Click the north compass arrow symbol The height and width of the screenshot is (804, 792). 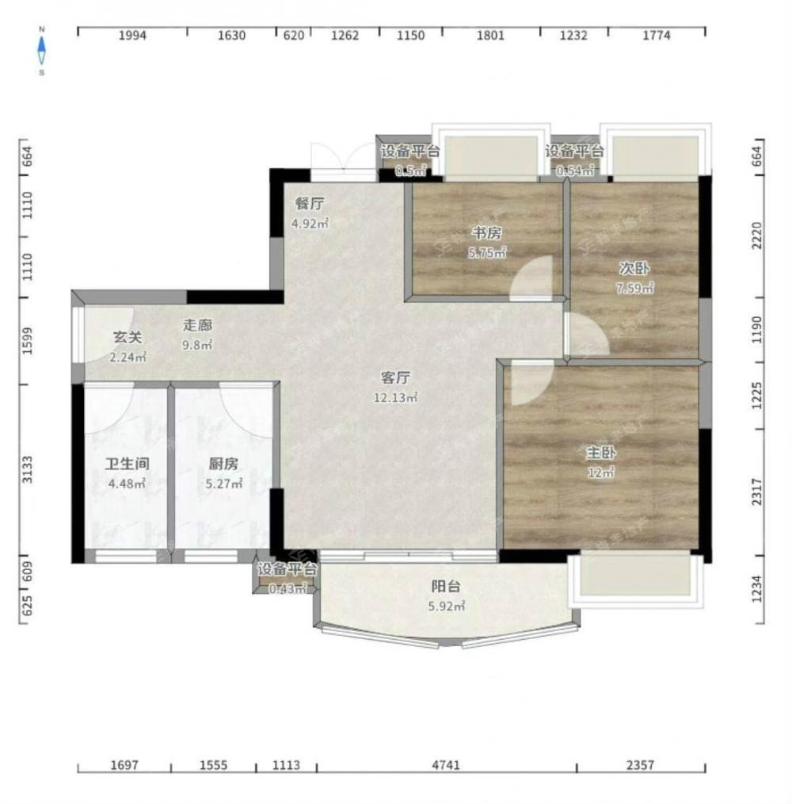click(x=42, y=51)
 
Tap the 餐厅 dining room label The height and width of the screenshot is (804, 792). click(x=310, y=204)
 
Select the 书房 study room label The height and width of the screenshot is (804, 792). click(x=486, y=233)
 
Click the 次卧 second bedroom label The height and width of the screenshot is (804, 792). click(x=634, y=268)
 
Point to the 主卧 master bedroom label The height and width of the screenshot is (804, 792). click(x=601, y=453)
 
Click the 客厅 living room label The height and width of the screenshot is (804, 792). click(x=395, y=378)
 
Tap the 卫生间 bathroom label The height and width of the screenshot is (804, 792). click(x=127, y=464)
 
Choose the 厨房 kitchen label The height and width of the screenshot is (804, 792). click(x=224, y=464)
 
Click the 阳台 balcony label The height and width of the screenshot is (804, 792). click(x=446, y=586)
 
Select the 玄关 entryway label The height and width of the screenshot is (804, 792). click(x=128, y=338)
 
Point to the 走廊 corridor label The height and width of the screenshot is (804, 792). click(x=198, y=325)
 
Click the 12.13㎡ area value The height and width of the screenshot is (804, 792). click(x=395, y=397)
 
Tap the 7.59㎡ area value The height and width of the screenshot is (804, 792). click(x=634, y=288)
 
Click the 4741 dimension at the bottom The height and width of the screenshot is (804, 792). click(x=446, y=765)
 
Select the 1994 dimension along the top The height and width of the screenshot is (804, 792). click(x=133, y=36)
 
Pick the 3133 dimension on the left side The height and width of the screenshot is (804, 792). click(x=28, y=469)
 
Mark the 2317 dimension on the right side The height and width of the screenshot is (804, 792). click(x=757, y=492)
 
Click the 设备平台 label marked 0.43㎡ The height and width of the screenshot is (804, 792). click(x=287, y=569)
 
